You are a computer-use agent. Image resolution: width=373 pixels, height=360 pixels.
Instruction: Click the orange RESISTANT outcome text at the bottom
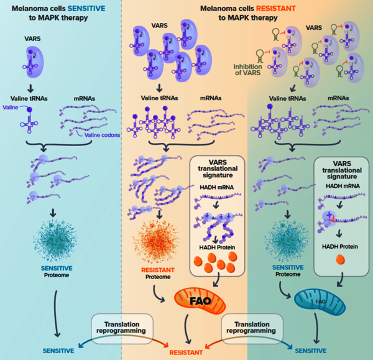(186, 353)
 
